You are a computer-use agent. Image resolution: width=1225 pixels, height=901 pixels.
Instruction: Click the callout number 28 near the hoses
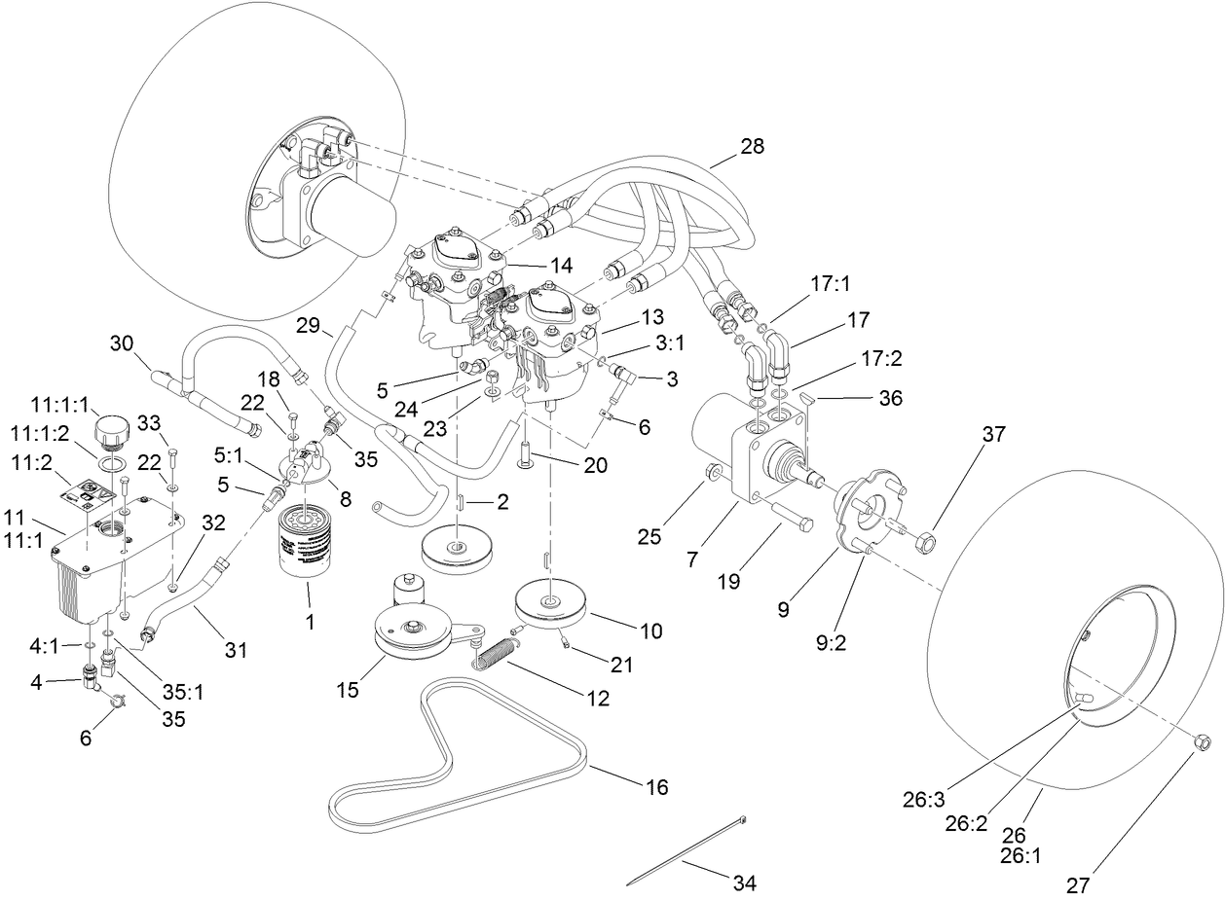pos(752,146)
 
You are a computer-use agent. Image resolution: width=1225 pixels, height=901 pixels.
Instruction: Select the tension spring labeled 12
pos(500,651)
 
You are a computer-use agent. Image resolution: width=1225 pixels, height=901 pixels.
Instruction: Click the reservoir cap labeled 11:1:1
pos(112,429)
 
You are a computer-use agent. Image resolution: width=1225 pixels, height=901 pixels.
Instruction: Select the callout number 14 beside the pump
pos(534,265)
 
